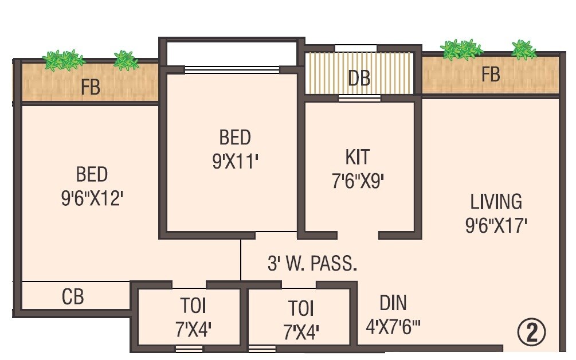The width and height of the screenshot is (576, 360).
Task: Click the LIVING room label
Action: (496, 202)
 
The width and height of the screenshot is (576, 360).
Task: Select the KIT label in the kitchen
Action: (357, 157)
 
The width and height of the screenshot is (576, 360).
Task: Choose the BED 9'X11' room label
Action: (235, 138)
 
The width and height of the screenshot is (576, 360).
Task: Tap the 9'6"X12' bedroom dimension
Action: (92, 199)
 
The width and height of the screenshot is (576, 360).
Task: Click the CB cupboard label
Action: (73, 297)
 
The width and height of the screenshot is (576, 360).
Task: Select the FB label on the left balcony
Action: (91, 88)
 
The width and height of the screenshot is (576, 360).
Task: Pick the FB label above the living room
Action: (491, 75)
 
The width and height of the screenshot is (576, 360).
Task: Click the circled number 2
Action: (531, 333)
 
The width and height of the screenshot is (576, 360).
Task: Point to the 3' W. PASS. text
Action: (312, 264)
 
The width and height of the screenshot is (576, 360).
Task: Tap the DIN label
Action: (393, 303)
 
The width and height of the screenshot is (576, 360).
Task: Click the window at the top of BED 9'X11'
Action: (232, 70)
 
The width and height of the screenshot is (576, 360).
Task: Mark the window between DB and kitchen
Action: (359, 98)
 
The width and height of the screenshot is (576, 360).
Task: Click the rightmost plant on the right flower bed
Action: (523, 50)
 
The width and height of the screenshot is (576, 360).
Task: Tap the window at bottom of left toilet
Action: (189, 348)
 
